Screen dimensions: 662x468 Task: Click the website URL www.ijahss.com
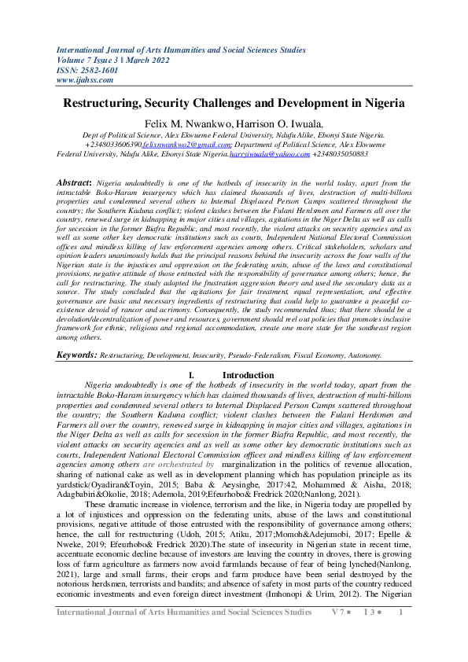click(79, 79)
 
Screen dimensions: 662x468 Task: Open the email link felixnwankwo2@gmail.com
click(186, 145)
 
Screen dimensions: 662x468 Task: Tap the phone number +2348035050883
click(341, 155)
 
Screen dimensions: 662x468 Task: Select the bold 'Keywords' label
click(76, 355)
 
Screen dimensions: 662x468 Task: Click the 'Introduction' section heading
click(248, 375)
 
